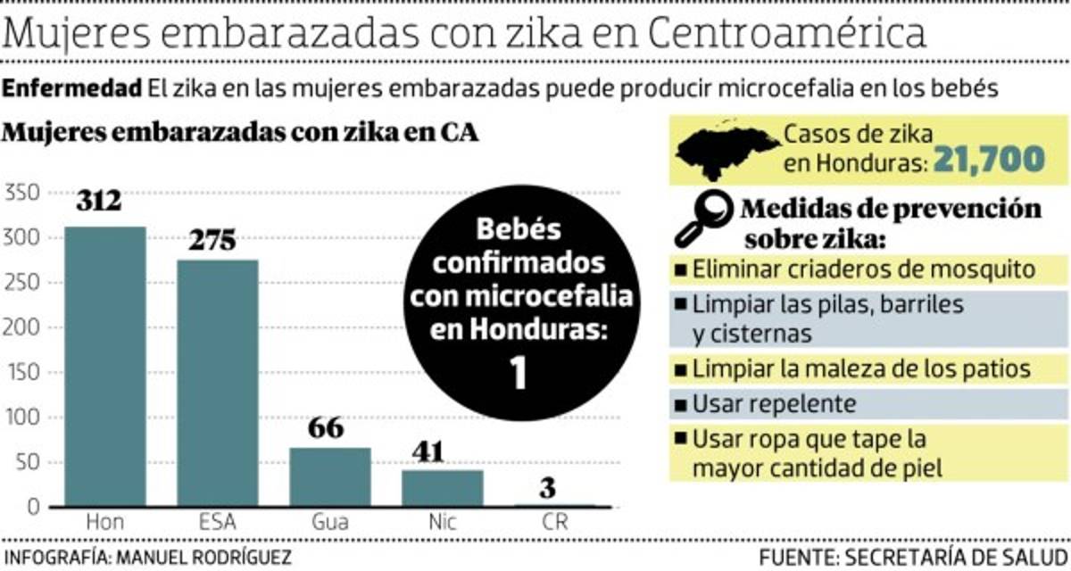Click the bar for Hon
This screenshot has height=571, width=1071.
[104, 366]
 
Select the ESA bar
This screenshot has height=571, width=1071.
[217, 384]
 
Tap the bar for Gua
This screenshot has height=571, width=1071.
[329, 476]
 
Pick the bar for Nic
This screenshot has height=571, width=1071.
[442, 488]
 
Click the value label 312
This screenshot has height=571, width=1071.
[98, 201]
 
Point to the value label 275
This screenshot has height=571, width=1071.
[212, 241]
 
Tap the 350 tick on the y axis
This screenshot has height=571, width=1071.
[22, 193]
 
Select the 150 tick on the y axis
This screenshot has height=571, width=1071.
[22, 373]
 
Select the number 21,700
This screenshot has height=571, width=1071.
[988, 160]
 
